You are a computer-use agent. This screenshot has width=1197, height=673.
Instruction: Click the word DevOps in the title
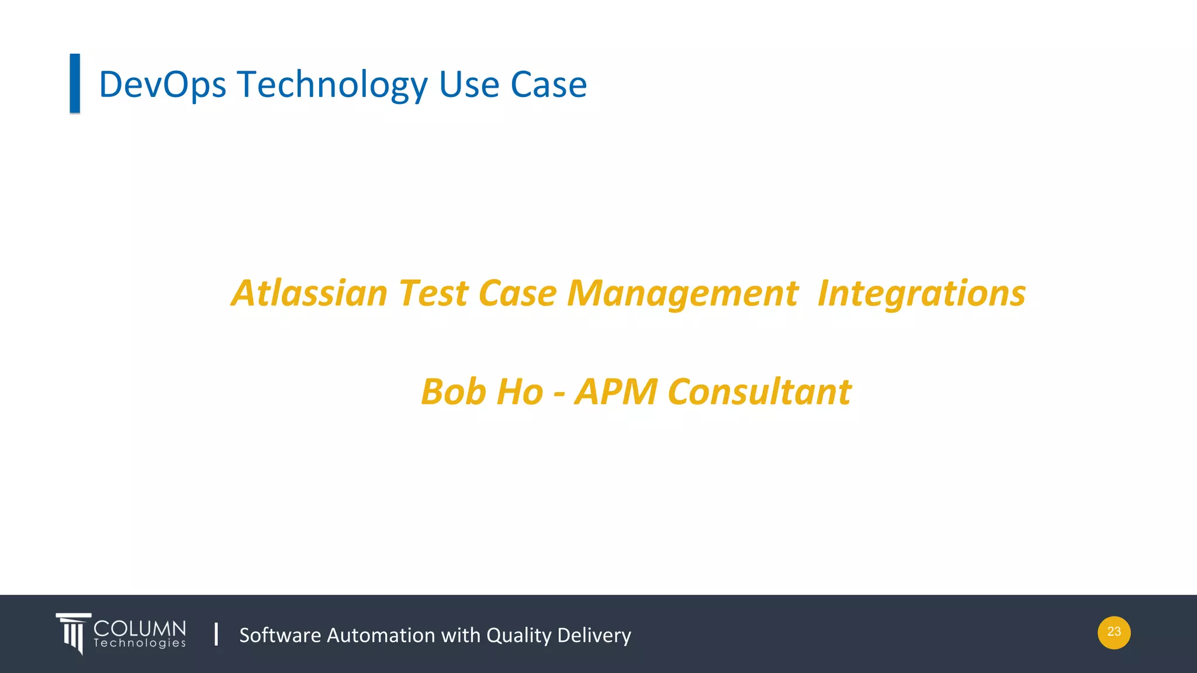pyautogui.click(x=162, y=85)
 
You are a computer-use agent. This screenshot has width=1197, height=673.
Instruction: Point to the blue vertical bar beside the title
pyautogui.click(x=75, y=83)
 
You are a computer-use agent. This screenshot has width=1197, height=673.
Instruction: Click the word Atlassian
pyautogui.click(x=309, y=293)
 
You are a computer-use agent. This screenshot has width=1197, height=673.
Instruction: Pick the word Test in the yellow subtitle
pyautogui.click(x=433, y=293)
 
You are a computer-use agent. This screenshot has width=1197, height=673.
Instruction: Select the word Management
pyautogui.click(x=681, y=294)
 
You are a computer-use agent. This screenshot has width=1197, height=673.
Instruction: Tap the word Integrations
pyautogui.click(x=921, y=294)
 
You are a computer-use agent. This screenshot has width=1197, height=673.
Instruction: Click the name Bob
pyautogui.click(x=454, y=391)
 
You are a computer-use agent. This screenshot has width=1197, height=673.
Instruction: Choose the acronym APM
pyautogui.click(x=616, y=391)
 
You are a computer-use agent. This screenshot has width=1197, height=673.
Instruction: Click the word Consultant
pyautogui.click(x=759, y=391)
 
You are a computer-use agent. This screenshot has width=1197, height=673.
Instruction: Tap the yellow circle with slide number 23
pyautogui.click(x=1113, y=632)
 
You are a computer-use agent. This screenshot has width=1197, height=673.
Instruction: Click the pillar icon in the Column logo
pyautogui.click(x=73, y=633)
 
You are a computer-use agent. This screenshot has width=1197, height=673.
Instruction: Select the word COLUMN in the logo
pyautogui.click(x=140, y=629)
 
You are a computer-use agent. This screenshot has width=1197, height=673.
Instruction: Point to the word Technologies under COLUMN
pyautogui.click(x=140, y=643)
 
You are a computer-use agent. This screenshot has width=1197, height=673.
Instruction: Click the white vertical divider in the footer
pyautogui.click(x=216, y=634)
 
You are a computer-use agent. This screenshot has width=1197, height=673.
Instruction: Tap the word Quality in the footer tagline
pyautogui.click(x=518, y=636)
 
